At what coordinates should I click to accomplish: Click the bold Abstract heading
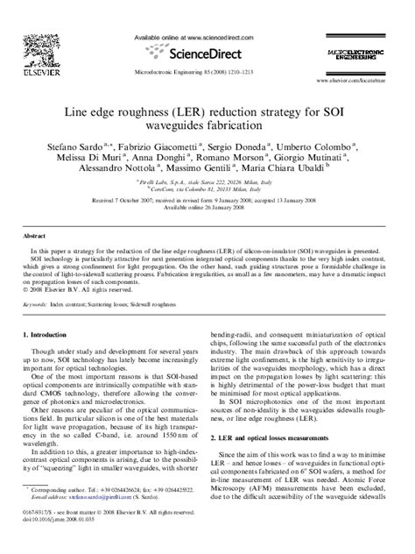pos(32,237)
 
